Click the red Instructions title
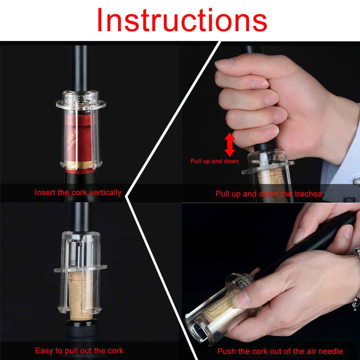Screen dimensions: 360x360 [x=182, y=20]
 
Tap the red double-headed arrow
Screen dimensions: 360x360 [x=229, y=145]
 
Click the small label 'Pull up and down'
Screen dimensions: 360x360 [x=215, y=161]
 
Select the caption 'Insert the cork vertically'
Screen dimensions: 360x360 [x=78, y=192]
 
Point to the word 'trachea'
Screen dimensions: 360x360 [x=308, y=194]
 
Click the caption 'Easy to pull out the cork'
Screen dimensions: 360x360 [x=79, y=351]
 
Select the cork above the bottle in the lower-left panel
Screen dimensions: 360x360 [x=81, y=296]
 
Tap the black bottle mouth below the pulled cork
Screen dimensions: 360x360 [x=82, y=328]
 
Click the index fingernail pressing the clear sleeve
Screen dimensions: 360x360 [x=242, y=299]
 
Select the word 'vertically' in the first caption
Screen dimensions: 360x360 [x=105, y=192]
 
